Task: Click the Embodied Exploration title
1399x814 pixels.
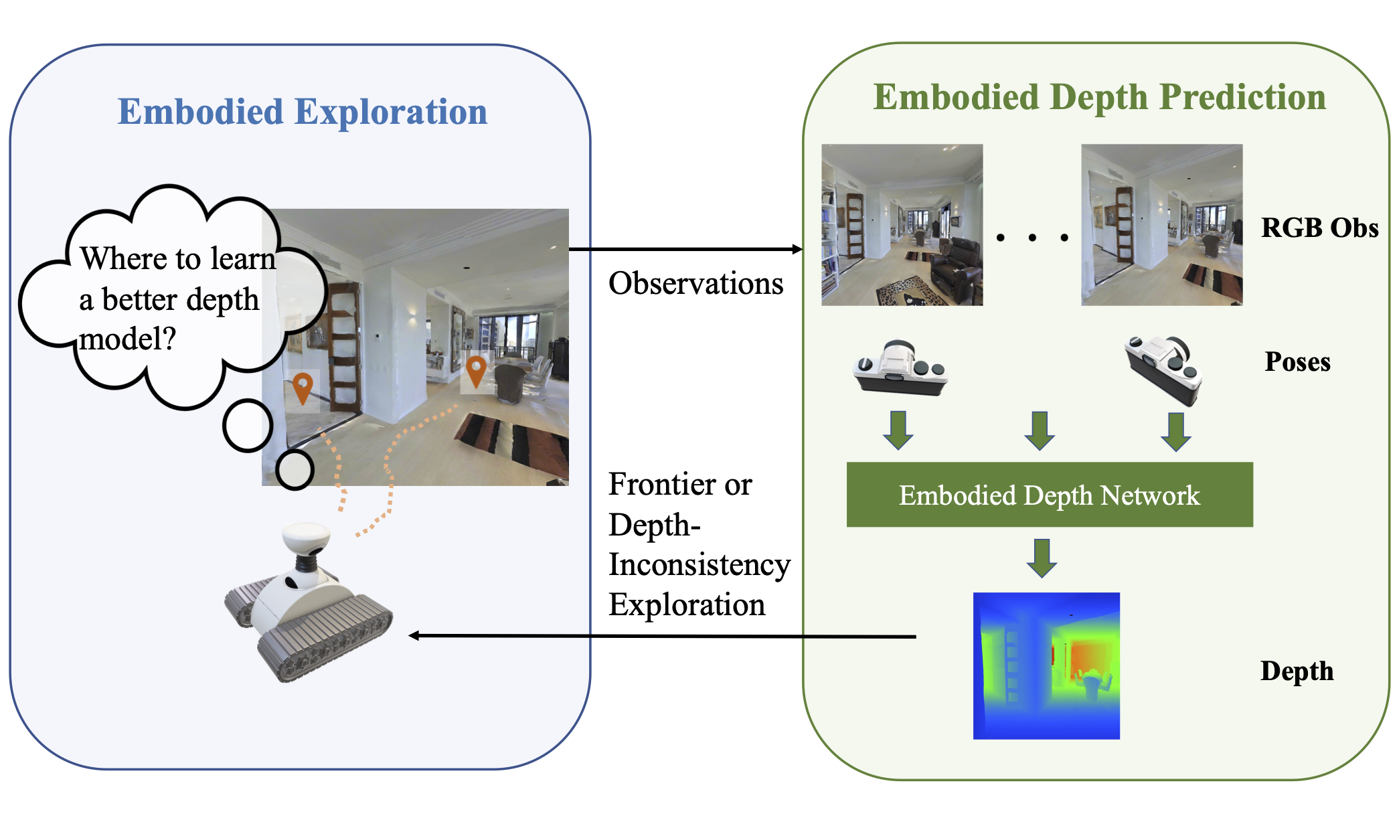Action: [303, 112]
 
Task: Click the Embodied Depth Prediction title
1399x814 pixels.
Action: [1099, 98]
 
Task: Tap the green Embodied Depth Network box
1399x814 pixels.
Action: [1049, 495]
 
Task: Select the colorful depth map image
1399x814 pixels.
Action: [1046, 665]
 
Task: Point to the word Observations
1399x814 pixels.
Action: [695, 284]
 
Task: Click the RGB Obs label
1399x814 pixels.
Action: [1319, 228]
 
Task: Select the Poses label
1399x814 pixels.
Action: [1297, 362]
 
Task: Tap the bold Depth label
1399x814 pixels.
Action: [1296, 671]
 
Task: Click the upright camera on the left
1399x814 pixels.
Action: [900, 369]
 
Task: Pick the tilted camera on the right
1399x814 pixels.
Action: [1164, 370]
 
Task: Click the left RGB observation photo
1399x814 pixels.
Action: [902, 225]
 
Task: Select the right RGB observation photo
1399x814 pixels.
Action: [1161, 225]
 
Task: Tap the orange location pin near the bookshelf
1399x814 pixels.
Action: [303, 387]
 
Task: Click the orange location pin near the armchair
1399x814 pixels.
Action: [475, 370]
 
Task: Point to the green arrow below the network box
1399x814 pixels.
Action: [1042, 557]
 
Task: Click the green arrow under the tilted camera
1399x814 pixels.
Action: [1175, 432]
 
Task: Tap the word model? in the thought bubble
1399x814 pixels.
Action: [127, 339]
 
